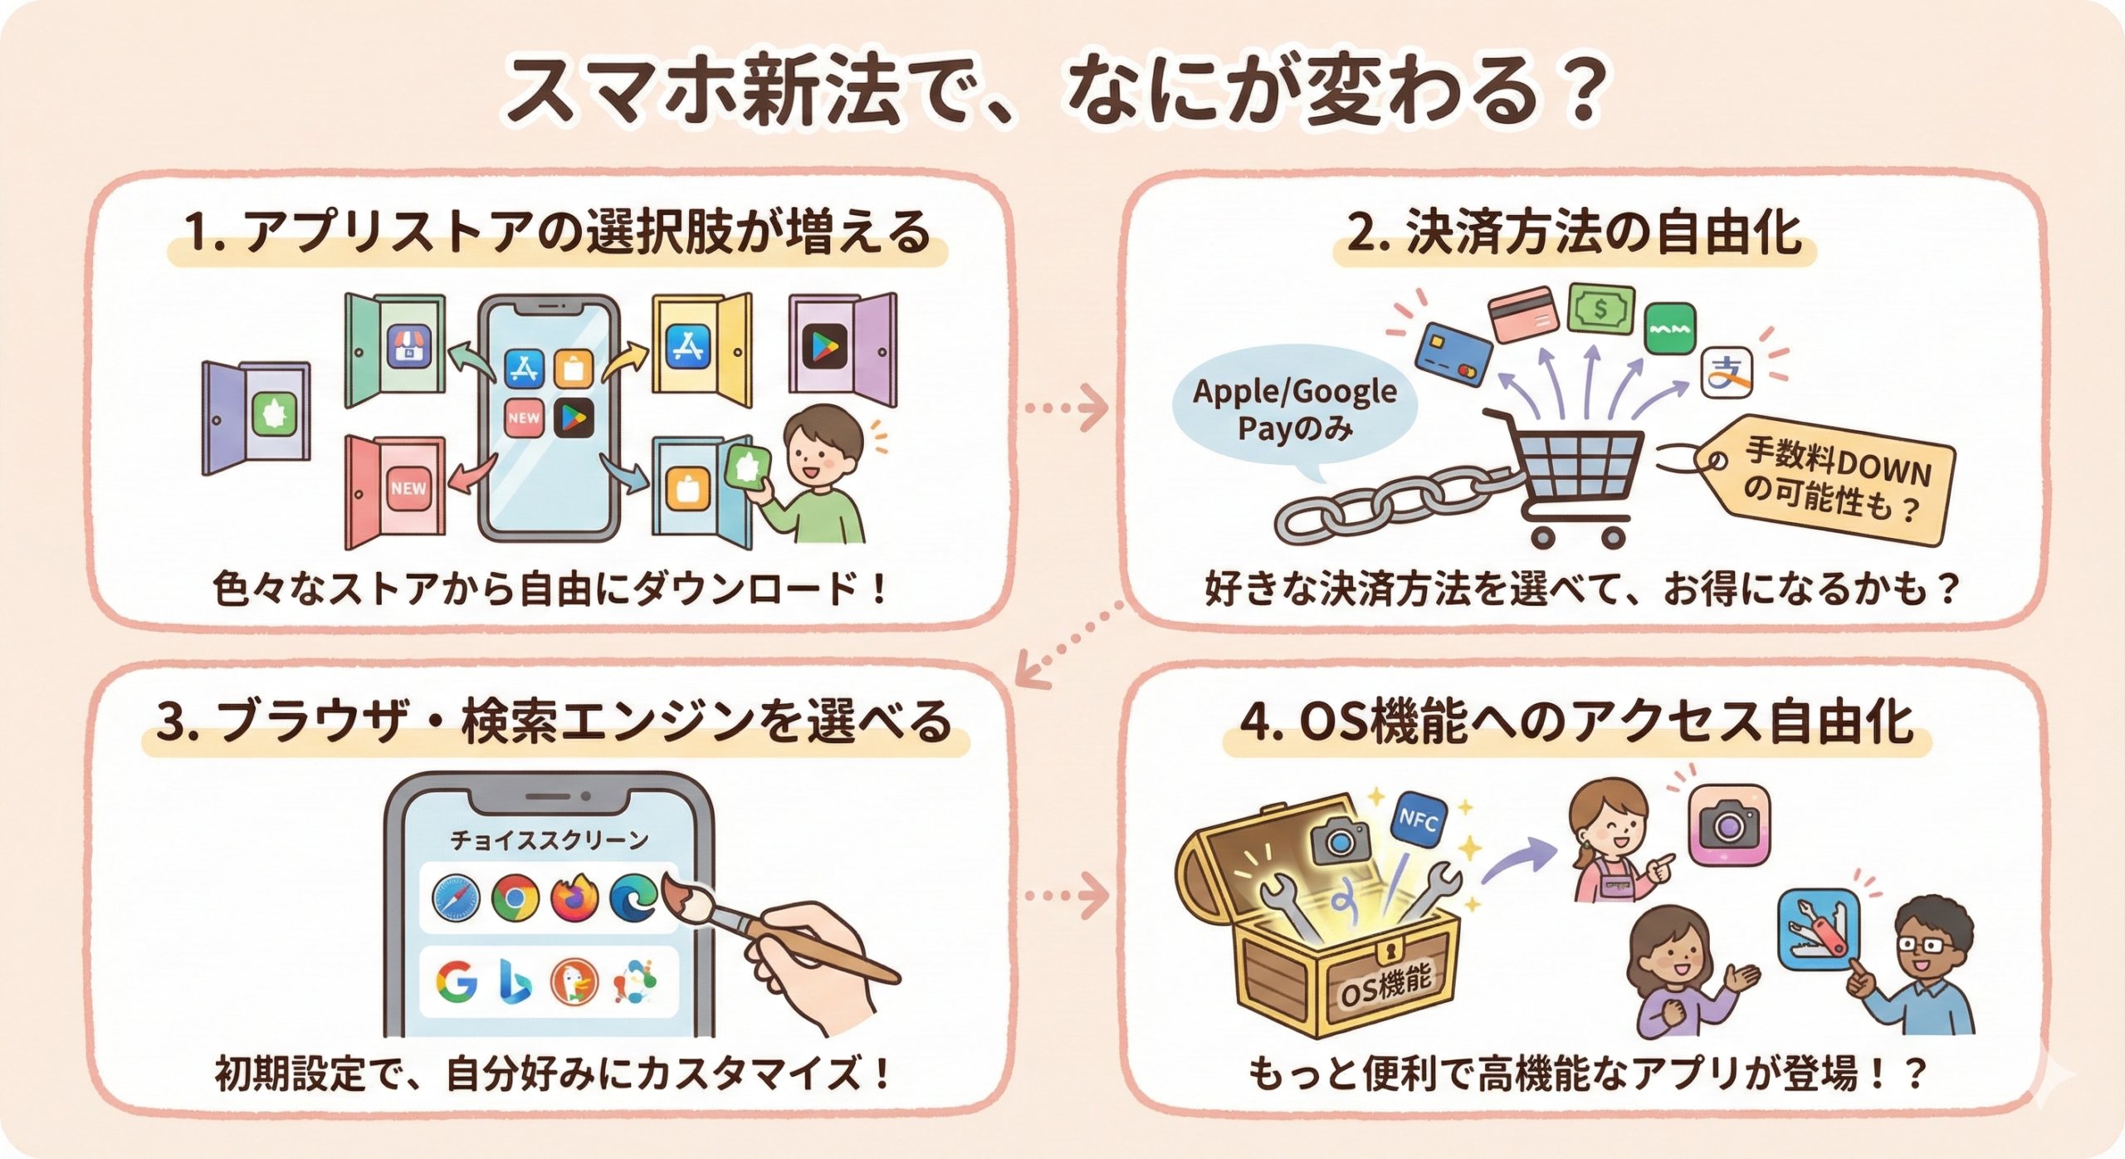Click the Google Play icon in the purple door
[x=824, y=346]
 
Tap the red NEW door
[x=395, y=491]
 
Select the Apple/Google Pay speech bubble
[x=1293, y=410]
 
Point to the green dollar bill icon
[x=1600, y=310]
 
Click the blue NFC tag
[x=1419, y=819]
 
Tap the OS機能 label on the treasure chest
[x=1385, y=985]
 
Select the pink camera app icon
[x=1729, y=825]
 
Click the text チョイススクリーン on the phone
[x=549, y=841]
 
